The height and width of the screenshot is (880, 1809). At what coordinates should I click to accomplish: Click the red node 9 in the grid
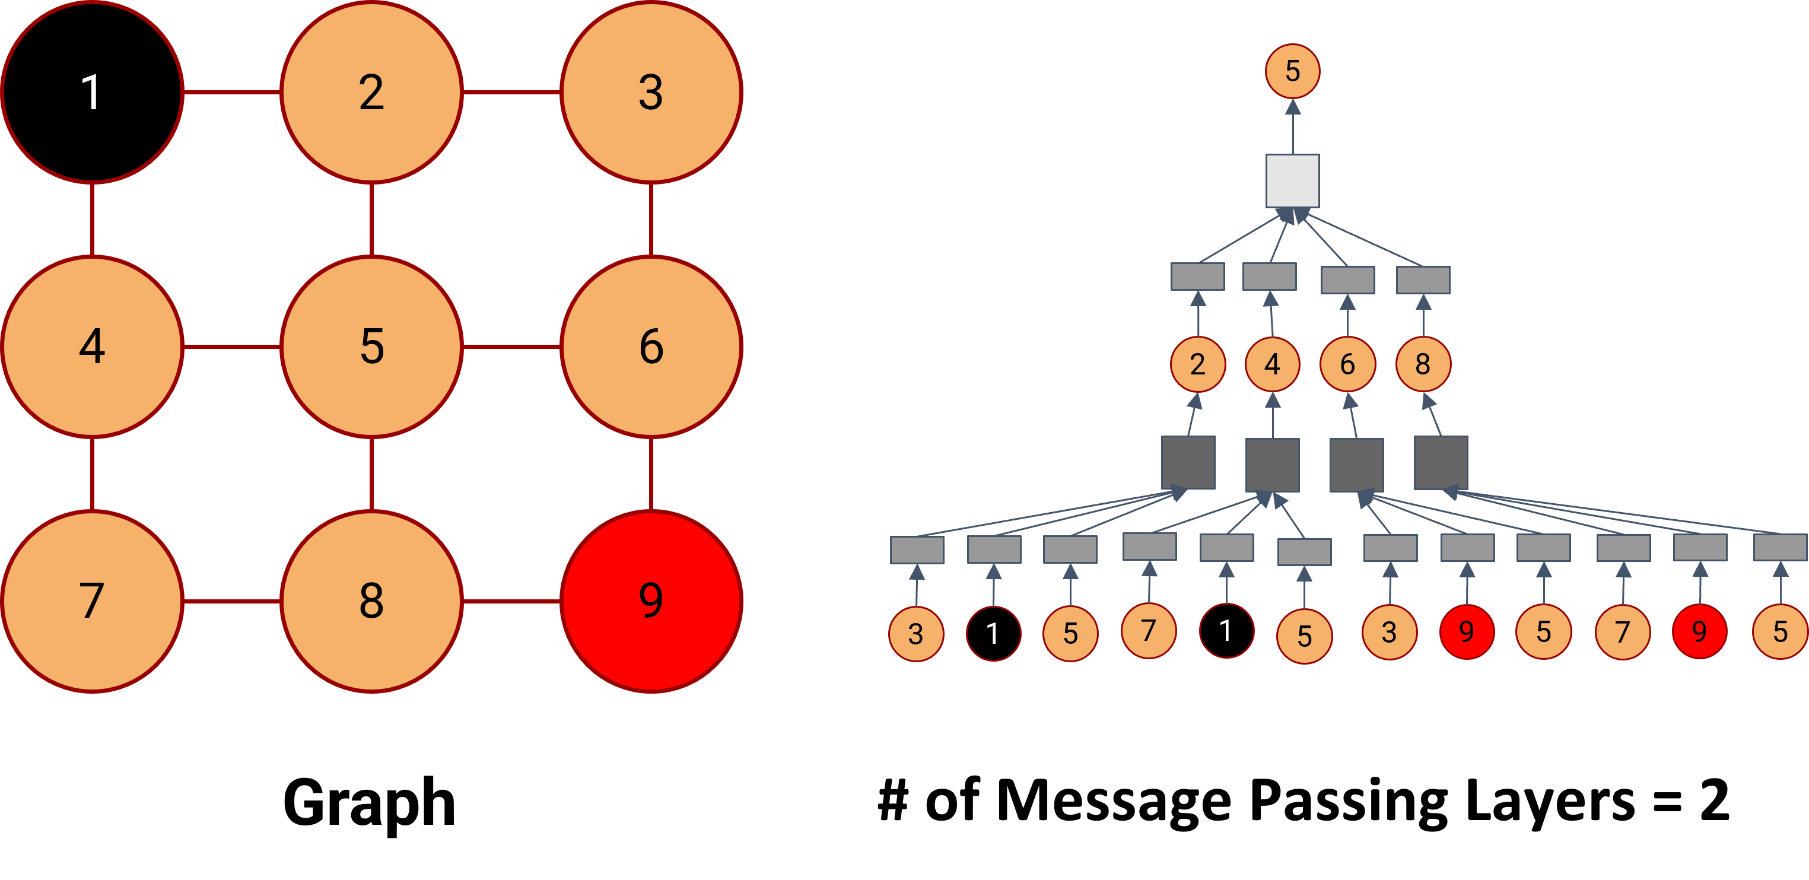click(x=651, y=601)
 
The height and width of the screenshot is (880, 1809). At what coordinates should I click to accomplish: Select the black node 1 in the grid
click(x=92, y=92)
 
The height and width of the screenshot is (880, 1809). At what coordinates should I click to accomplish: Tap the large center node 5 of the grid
click(x=371, y=346)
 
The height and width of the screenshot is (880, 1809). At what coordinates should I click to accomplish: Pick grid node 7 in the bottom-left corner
click(x=92, y=601)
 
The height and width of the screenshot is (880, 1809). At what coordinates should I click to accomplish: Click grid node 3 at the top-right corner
click(x=651, y=92)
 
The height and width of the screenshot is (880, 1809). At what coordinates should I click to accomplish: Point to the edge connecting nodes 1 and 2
click(x=232, y=92)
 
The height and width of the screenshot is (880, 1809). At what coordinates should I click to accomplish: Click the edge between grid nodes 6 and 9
click(x=651, y=474)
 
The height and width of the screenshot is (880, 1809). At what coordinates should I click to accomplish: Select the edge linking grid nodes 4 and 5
click(x=232, y=346)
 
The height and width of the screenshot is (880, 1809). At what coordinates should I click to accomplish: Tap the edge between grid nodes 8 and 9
click(x=511, y=601)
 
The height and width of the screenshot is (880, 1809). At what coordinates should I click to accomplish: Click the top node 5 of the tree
click(x=1292, y=71)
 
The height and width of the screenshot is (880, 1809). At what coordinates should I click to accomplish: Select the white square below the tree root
click(x=1292, y=181)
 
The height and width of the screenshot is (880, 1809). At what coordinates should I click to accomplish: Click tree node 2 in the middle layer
click(x=1197, y=364)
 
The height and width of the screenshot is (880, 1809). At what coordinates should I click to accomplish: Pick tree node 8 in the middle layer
click(x=1423, y=364)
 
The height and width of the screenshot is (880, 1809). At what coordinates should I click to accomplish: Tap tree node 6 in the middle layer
click(x=1347, y=364)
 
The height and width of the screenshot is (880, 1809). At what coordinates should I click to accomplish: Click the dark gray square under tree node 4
click(x=1272, y=465)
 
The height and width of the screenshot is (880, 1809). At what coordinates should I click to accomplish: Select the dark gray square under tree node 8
click(x=1441, y=463)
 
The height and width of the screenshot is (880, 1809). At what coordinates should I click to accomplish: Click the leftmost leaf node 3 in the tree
click(x=915, y=634)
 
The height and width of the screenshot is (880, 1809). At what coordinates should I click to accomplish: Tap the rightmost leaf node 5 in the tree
click(x=1779, y=632)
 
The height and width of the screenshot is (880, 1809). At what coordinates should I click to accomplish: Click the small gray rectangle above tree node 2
click(x=1197, y=276)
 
